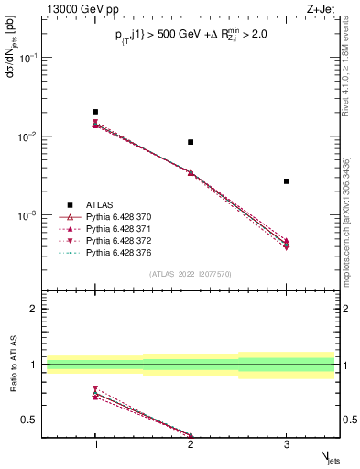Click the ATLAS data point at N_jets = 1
pyautogui.click(x=95, y=112)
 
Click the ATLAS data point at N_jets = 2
pyautogui.click(x=191, y=142)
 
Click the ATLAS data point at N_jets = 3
pyautogui.click(x=287, y=181)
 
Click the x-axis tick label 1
pyautogui.click(x=95, y=444)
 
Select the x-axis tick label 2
pyautogui.click(x=191, y=444)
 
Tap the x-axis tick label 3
pyautogui.click(x=287, y=444)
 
